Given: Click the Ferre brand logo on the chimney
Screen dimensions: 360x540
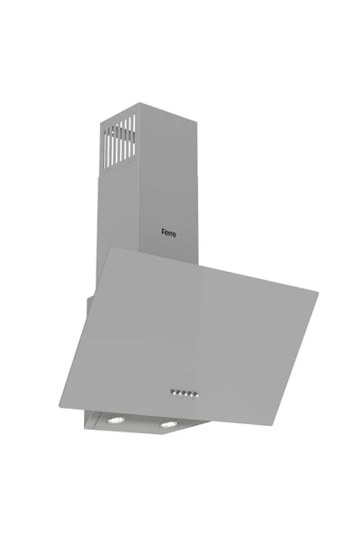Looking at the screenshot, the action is click(x=169, y=234).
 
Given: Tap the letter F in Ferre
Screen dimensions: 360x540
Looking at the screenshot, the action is click(x=163, y=232).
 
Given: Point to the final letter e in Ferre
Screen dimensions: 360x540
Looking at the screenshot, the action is click(x=174, y=234).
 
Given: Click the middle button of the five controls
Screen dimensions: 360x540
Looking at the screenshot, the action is click(x=184, y=393).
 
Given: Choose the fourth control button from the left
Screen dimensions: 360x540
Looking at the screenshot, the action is click(x=190, y=394).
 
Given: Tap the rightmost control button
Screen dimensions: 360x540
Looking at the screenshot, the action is click(x=195, y=394).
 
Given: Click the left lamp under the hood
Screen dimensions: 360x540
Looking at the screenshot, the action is click(x=116, y=420).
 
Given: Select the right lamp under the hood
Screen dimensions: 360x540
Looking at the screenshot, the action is click(x=169, y=424).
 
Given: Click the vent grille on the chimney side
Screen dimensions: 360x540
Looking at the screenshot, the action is click(x=119, y=141).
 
